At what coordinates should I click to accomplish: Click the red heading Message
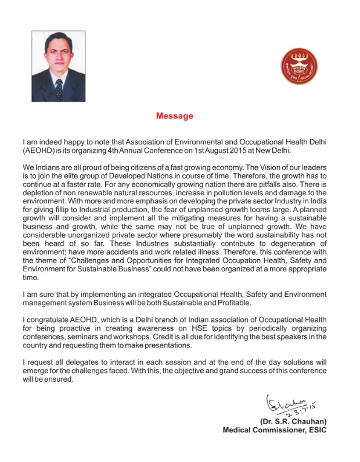[x=174, y=116]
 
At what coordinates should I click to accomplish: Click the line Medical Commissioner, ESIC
[x=275, y=430]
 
